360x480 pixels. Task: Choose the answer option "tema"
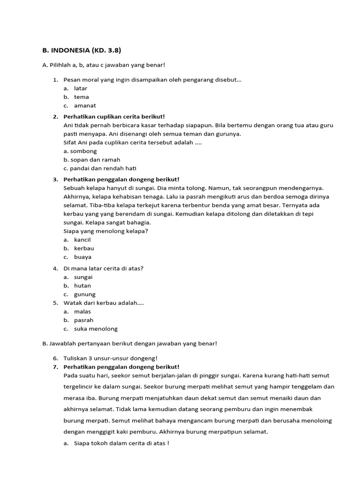[82, 97]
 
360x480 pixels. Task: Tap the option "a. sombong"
[80, 151]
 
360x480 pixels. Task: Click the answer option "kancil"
[82, 240]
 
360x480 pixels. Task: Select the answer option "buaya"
[83, 257]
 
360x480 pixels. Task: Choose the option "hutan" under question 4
[82, 285]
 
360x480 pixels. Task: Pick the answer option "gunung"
[85, 294]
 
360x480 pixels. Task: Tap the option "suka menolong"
[96, 329]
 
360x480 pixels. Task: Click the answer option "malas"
[82, 311]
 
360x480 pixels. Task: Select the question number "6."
[55, 358]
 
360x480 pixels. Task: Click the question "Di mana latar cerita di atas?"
[103, 268]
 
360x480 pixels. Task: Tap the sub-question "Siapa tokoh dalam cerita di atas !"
[121, 443]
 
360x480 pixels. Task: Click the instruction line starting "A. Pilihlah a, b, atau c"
[104, 65]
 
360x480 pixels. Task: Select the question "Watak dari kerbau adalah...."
[104, 303]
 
